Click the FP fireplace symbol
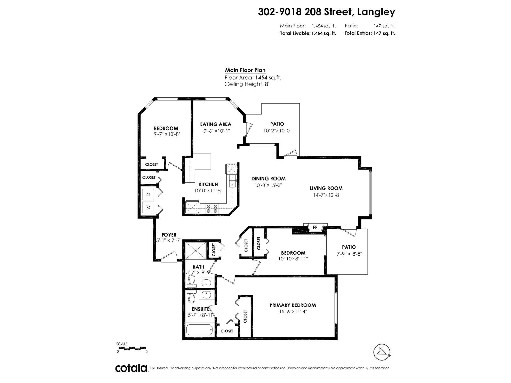tap(315, 228)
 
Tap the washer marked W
tap(148, 207)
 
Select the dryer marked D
tap(148, 194)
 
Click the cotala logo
tap(131, 368)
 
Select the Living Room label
tap(326, 188)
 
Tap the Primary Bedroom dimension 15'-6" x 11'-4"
tap(293, 312)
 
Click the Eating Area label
tap(216, 124)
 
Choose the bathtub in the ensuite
tap(199, 330)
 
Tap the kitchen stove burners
tap(212, 208)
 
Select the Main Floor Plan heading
tap(245, 70)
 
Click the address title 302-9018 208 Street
tap(326, 12)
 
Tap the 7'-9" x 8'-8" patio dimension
tap(348, 254)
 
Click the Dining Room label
tap(268, 179)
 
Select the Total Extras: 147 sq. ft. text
tap(370, 33)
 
